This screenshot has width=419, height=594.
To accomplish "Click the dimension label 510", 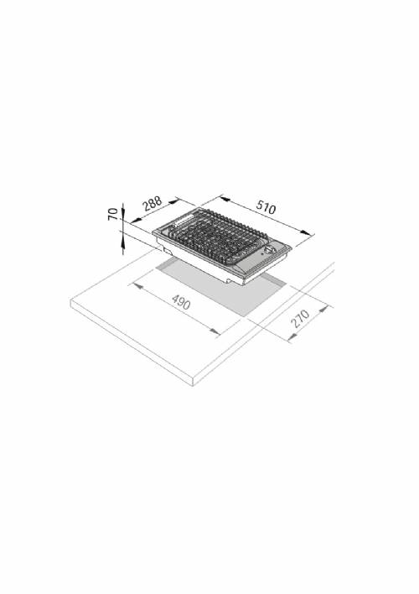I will click(x=266, y=207).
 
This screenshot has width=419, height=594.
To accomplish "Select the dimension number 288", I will click(x=151, y=205).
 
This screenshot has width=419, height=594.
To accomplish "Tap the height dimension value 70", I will click(x=114, y=214).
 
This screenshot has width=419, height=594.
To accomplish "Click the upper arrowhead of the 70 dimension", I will click(x=123, y=206).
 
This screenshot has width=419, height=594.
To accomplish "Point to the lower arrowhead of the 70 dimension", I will click(x=123, y=241).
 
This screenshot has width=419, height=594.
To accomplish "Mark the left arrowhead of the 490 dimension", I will click(x=135, y=284).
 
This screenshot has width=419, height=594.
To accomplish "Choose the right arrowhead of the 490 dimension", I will click(x=217, y=334).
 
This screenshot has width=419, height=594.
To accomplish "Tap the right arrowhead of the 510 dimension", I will click(x=308, y=234).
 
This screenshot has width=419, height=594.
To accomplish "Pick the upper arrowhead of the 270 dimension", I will click(x=328, y=307).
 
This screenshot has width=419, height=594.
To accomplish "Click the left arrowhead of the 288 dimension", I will click(x=130, y=219).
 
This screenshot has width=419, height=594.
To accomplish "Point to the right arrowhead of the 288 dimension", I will click(x=175, y=200).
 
